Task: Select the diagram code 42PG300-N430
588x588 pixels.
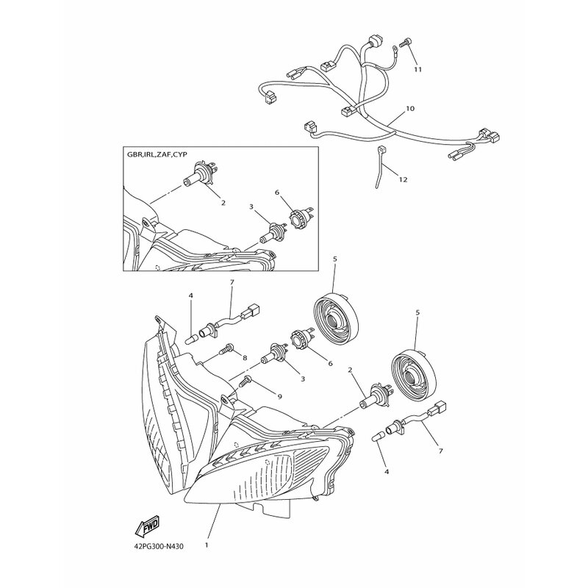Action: click(159, 546)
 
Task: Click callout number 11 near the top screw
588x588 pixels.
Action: click(418, 69)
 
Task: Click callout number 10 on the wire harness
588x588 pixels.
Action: click(410, 109)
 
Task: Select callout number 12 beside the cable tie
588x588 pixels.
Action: click(403, 179)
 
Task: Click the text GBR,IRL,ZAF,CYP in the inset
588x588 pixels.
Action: click(155, 154)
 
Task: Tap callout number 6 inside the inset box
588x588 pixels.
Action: click(277, 193)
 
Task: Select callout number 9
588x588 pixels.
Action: click(280, 396)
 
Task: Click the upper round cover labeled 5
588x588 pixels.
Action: click(335, 319)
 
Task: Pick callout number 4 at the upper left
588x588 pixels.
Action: click(190, 296)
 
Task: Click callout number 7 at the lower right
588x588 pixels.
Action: click(440, 451)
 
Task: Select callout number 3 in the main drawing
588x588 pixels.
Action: click(303, 379)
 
